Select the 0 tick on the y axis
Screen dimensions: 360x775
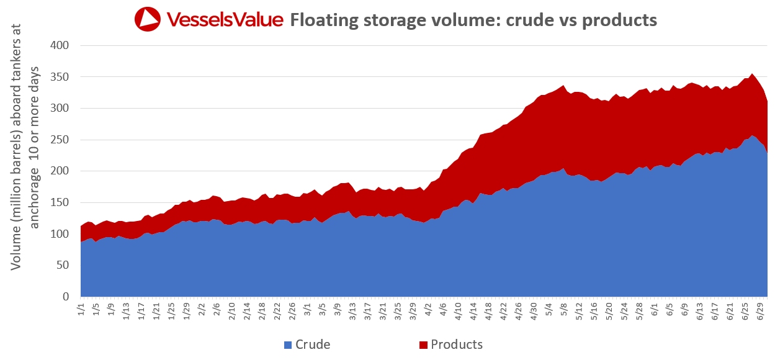64,297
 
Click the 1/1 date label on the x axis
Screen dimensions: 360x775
80,308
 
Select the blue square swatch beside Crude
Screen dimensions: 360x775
287,344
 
